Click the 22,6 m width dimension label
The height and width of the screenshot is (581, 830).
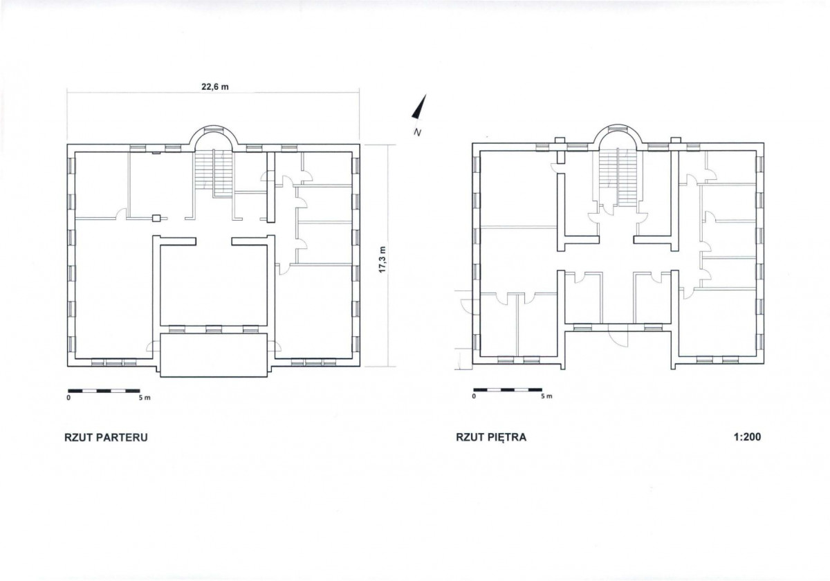click(215, 86)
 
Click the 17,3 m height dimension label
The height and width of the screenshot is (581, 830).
click(382, 259)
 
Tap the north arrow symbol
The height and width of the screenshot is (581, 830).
click(421, 107)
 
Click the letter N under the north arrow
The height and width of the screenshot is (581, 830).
click(418, 132)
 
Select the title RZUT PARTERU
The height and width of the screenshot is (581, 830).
click(106, 437)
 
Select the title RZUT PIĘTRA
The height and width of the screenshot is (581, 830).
click(491, 437)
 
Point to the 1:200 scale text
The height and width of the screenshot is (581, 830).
click(748, 437)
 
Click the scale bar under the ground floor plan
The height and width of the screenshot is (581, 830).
click(104, 391)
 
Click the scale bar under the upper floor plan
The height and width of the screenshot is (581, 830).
click(508, 390)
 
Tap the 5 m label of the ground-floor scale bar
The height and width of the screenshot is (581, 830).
click(145, 398)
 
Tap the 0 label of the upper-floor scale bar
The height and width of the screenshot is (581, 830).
click(474, 396)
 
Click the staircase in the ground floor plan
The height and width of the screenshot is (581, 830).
click(214, 172)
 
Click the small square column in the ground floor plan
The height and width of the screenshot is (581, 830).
click(157, 219)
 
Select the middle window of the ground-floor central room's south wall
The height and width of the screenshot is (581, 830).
click(214, 329)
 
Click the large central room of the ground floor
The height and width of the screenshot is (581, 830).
click(214, 284)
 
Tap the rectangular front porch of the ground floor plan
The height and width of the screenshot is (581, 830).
click(214, 355)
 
